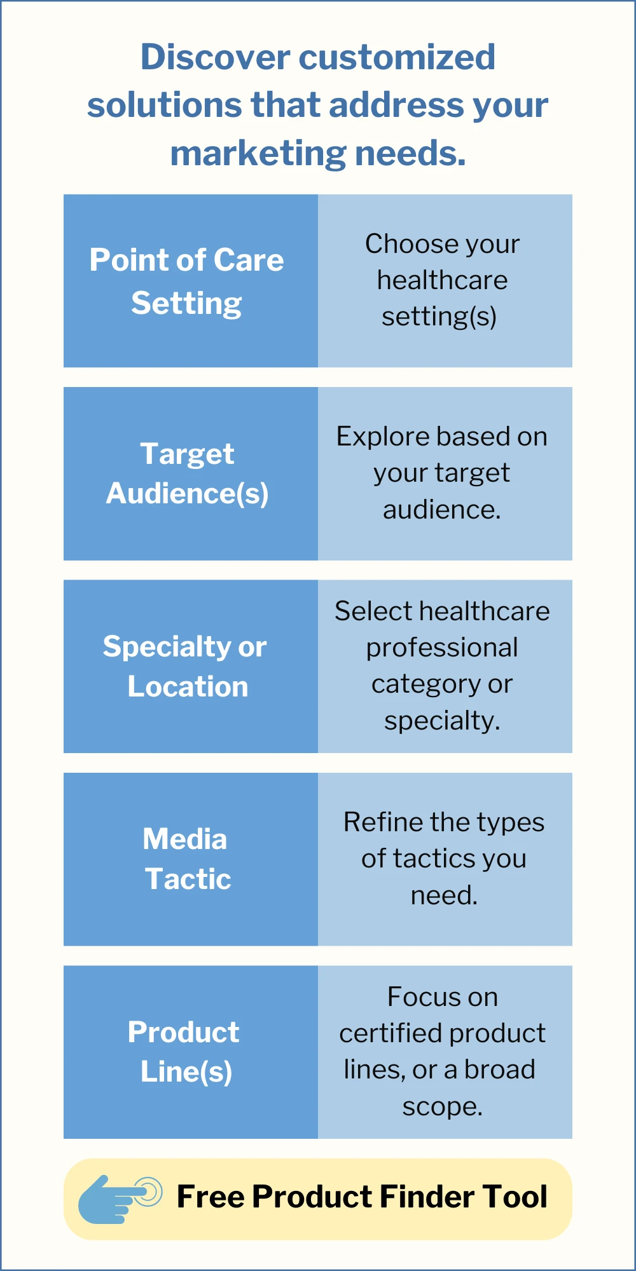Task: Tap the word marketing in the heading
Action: pos(258,154)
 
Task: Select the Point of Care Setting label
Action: pos(186,281)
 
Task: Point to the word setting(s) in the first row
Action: pos(439,316)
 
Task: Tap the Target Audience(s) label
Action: pos(187,473)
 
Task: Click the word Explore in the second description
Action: pos(375,437)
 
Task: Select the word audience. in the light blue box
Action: pos(442,510)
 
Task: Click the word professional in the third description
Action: pos(442,648)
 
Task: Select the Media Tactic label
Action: pos(186,859)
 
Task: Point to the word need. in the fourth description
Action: pos(444,895)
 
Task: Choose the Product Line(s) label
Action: pos(184,1052)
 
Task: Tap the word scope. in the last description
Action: pos(442,1107)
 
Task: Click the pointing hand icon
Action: pos(118,1199)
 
